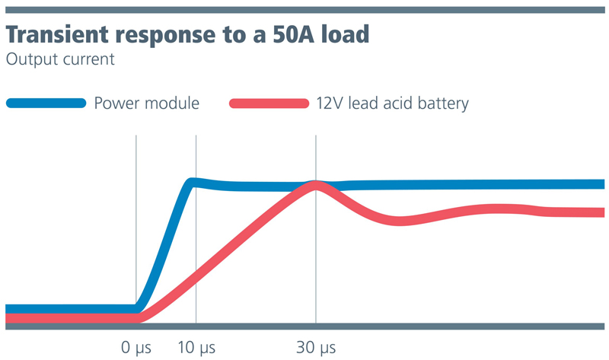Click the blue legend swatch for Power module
46,103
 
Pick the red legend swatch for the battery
268,103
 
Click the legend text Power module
146,103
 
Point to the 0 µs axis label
137,349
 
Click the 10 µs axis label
196,349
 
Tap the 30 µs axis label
316,349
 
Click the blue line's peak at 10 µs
195,182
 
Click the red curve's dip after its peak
400,221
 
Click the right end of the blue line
601,184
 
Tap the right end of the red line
601,212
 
